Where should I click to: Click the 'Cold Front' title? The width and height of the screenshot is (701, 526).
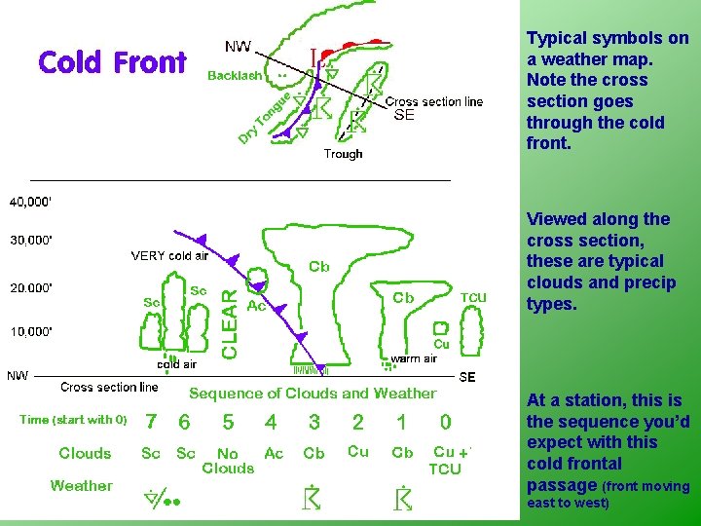click(x=112, y=62)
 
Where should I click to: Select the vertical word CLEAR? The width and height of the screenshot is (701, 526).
click(x=230, y=322)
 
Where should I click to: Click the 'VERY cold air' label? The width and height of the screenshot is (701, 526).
click(x=169, y=256)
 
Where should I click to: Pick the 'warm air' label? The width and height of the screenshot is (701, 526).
click(x=414, y=358)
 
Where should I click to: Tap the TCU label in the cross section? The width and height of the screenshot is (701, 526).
click(x=473, y=298)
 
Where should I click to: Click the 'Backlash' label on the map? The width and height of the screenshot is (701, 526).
click(x=235, y=75)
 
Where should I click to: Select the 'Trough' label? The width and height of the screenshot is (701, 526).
click(x=343, y=154)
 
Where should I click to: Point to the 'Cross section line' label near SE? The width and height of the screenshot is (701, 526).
click(x=434, y=101)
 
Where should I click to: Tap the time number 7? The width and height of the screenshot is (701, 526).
click(x=151, y=422)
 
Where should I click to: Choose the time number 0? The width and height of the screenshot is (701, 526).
click(x=445, y=422)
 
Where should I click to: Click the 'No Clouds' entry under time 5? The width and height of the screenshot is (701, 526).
click(x=228, y=461)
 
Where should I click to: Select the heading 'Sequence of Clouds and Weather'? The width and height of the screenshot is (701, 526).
click(x=313, y=394)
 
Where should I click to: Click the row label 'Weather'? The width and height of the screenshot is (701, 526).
click(x=82, y=485)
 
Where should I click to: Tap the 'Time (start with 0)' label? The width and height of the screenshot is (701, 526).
click(x=73, y=420)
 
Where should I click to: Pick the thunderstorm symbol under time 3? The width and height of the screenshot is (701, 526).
click(x=314, y=497)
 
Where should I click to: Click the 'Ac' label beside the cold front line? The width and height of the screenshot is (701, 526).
click(x=257, y=306)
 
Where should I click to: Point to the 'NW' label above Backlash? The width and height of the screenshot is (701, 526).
click(x=238, y=47)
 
